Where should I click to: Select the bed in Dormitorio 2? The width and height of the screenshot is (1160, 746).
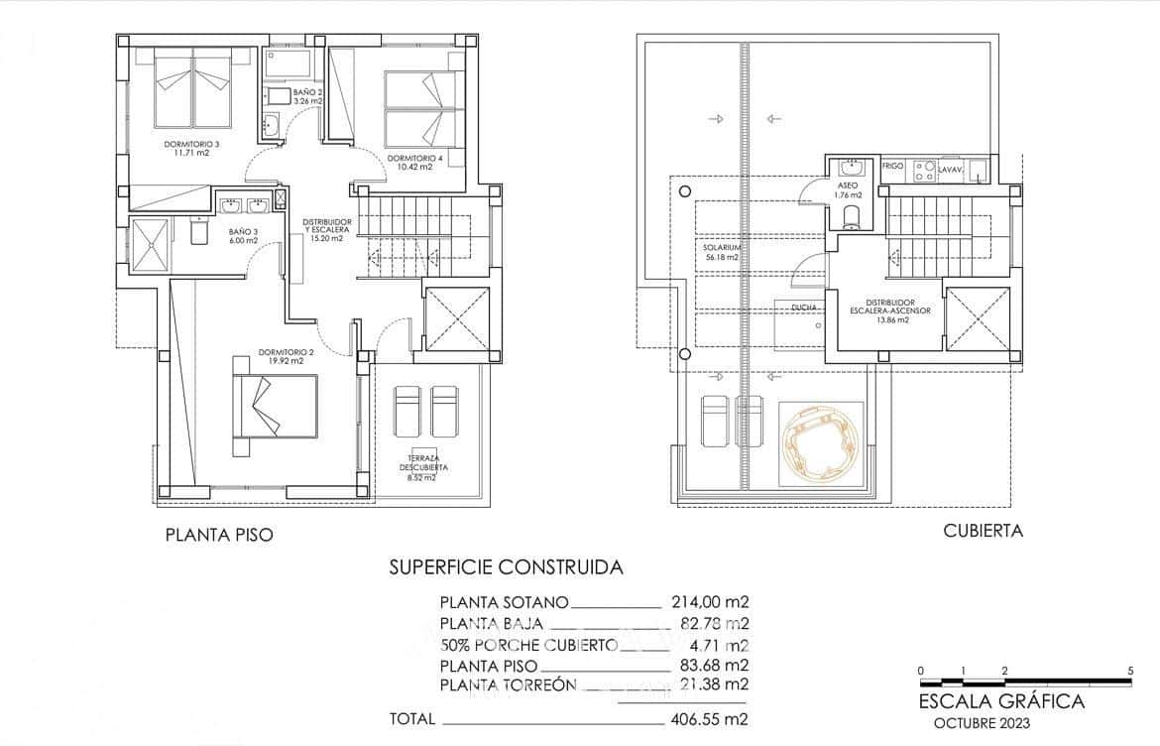(275, 408)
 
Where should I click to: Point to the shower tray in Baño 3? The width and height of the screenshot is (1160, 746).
(151, 243)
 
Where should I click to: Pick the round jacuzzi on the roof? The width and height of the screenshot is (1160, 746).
(820, 443)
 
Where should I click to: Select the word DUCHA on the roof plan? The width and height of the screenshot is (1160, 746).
(804, 308)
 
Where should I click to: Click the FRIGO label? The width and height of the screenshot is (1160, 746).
(892, 167)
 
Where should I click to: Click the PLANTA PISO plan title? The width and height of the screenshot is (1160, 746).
(218, 535)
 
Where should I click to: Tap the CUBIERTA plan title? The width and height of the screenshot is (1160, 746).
(983, 531)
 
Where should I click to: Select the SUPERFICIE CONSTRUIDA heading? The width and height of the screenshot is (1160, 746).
(506, 567)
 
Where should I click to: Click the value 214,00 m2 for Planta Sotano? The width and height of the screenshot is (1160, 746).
(708, 601)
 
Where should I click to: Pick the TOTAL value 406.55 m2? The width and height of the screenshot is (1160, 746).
(708, 718)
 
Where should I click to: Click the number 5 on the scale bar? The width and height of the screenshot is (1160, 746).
(1130, 671)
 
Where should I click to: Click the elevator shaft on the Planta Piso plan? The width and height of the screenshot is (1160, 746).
(456, 318)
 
